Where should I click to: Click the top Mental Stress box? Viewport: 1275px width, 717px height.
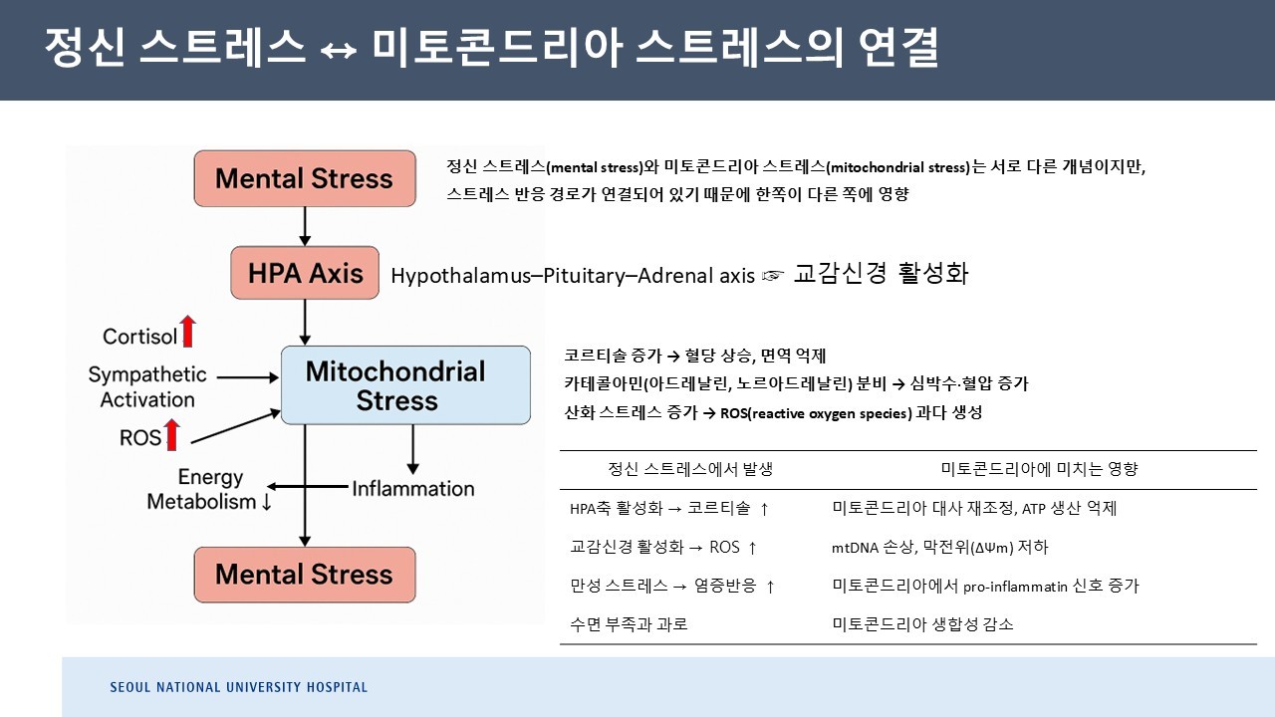click(305, 178)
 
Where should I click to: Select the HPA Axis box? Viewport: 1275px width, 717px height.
click(305, 272)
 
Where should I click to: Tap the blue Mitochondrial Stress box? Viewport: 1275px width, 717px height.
click(405, 385)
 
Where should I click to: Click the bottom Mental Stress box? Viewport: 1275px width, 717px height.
click(305, 574)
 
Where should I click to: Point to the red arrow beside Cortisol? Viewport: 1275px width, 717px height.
click(188, 331)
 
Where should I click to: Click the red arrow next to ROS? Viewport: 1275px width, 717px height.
click(172, 434)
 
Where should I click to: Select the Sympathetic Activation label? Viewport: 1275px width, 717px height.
click(147, 387)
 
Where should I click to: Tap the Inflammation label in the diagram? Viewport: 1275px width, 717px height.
click(413, 488)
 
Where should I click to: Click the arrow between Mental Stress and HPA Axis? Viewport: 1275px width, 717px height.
click(305, 226)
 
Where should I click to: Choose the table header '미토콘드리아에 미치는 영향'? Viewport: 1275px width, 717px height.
click(1039, 468)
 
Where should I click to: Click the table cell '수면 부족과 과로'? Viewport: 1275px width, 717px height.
click(629, 624)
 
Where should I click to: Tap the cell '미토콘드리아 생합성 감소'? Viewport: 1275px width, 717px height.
click(922, 624)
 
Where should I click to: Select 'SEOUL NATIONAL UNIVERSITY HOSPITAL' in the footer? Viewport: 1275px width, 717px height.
click(238, 687)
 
